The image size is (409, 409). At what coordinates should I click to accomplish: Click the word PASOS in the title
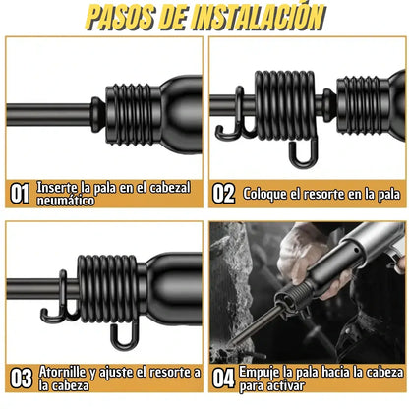click(x=121, y=17)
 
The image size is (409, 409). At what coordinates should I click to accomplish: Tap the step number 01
click(x=20, y=194)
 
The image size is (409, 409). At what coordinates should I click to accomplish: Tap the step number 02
click(x=224, y=194)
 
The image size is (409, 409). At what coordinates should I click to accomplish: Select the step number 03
click(x=20, y=379)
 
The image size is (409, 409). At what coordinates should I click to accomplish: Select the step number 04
click(x=224, y=379)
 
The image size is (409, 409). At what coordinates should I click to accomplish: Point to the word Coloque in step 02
click(x=265, y=194)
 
